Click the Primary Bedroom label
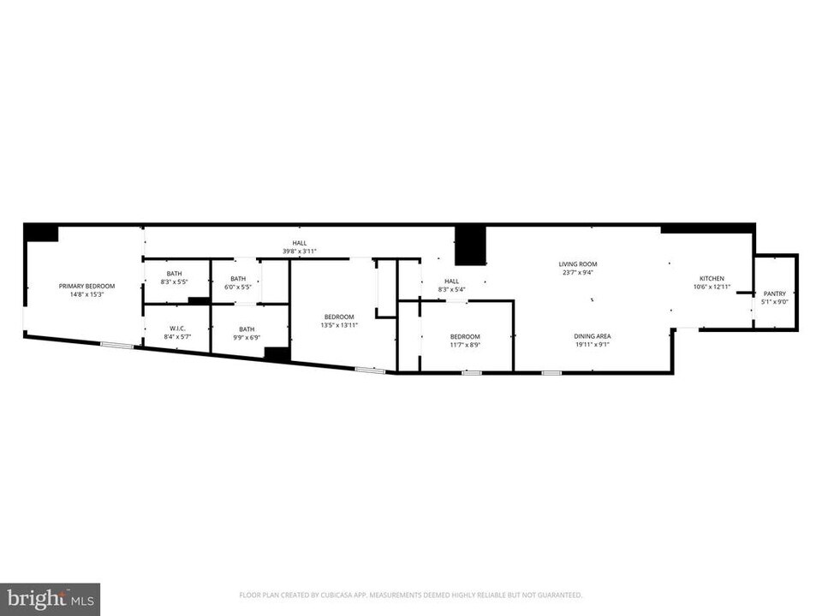pos(86,286)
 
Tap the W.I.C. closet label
pos(178,329)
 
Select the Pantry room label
pos(774,293)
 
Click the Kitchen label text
pos(712,279)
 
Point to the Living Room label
pos(578,264)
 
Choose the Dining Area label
pos(592,336)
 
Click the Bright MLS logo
pos(51,598)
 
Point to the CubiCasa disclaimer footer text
pos(411,594)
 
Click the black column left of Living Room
pos(470,246)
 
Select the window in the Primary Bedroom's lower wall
pos(116,345)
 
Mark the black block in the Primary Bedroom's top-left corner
pos(40,232)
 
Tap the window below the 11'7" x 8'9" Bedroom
pos(471,372)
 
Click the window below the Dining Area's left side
pos(551,372)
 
